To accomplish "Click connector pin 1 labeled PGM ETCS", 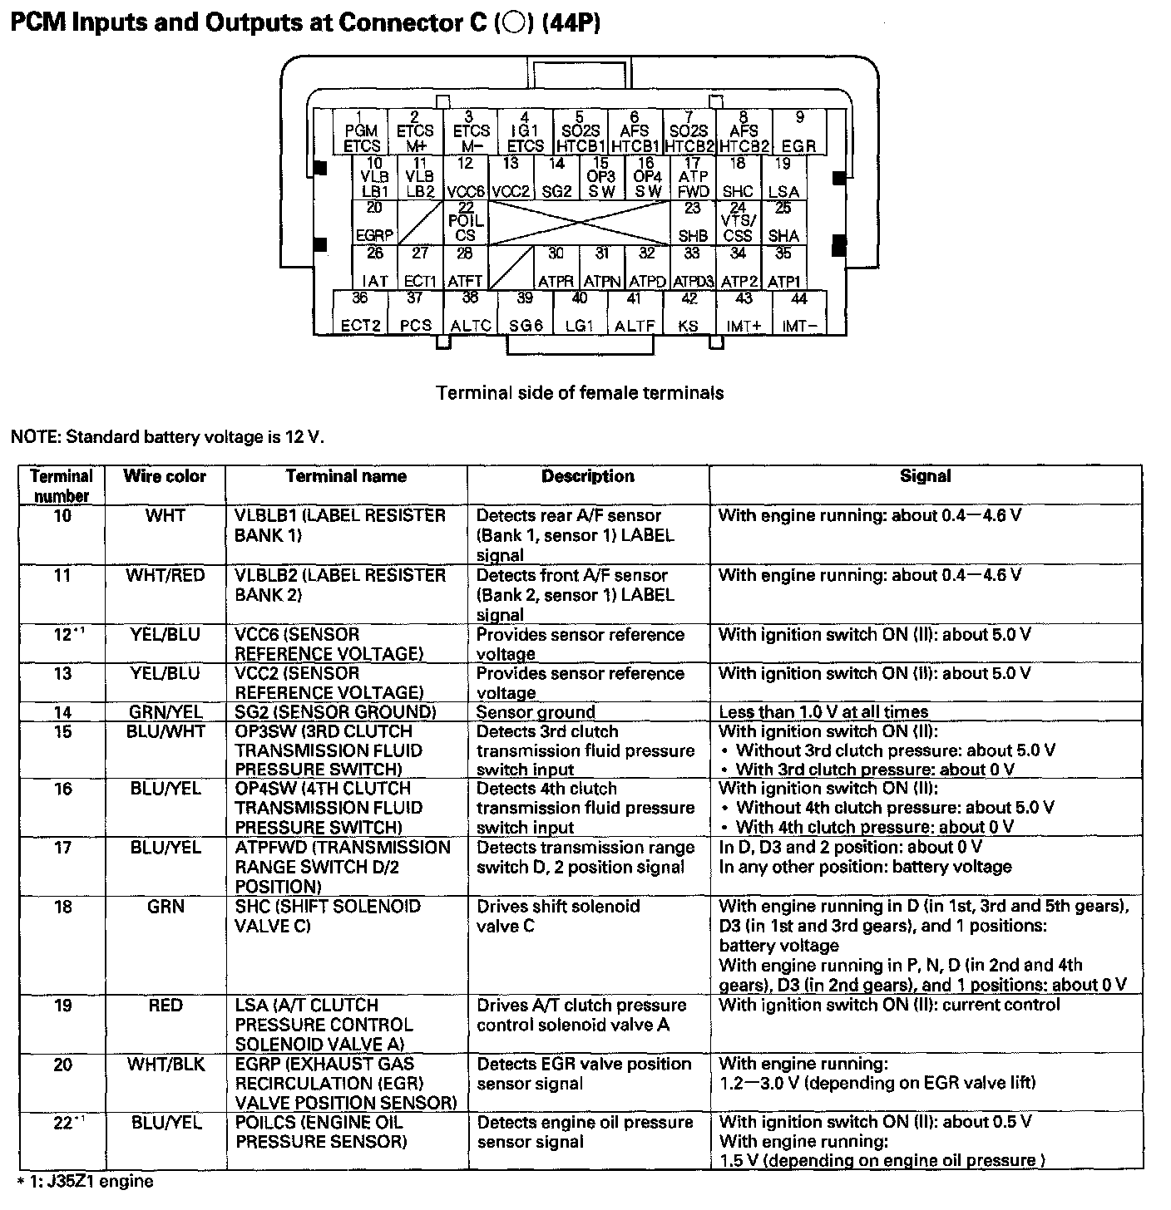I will tap(362, 132).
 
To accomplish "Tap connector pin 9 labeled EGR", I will tap(799, 132).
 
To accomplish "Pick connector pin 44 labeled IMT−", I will tap(799, 312).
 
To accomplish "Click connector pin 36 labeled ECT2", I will tap(361, 312).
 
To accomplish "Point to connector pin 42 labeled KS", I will tap(689, 312).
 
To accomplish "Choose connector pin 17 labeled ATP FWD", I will tap(693, 178).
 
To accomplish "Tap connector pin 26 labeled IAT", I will tap(375, 268).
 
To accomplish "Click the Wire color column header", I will tap(165, 477).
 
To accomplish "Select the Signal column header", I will tap(925, 477).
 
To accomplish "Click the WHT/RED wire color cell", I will tap(165, 576).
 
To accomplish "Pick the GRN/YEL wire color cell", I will tap(165, 712).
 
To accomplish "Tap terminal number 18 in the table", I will tap(62, 907).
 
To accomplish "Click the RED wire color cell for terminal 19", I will tap(165, 1006).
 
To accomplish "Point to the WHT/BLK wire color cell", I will tap(165, 1065).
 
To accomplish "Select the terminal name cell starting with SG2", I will tap(335, 712).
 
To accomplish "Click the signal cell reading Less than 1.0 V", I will tap(823, 712).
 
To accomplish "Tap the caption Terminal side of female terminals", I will tap(580, 393).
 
